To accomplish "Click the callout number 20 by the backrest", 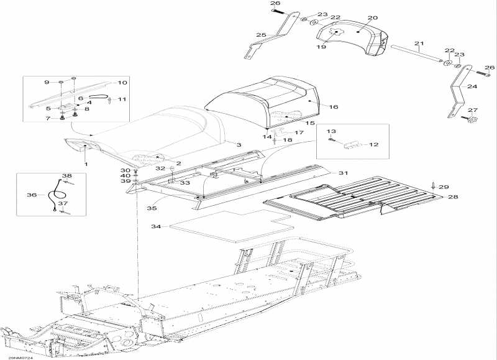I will (x=373, y=18).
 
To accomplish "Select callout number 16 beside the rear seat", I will (x=333, y=107).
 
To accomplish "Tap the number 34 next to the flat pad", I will (x=157, y=226).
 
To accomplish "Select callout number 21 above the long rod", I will (x=419, y=44).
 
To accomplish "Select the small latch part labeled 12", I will (x=352, y=145).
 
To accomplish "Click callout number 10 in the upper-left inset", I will (x=122, y=82).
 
